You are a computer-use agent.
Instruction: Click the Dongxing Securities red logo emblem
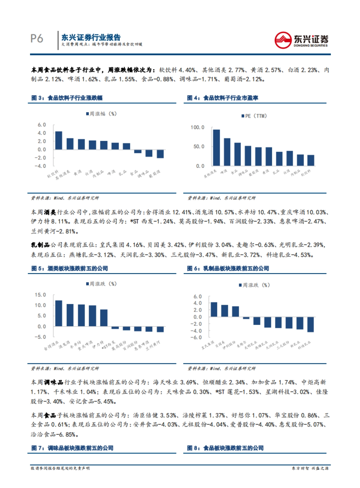click(283, 40)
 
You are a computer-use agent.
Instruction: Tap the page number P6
click(37, 39)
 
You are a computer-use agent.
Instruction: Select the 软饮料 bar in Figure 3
click(58, 140)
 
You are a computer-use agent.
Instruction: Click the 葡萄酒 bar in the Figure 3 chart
click(160, 154)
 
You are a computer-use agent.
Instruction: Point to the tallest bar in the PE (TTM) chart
click(216, 147)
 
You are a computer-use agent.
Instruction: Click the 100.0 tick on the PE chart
click(197, 127)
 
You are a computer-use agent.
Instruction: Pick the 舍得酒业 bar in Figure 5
click(58, 313)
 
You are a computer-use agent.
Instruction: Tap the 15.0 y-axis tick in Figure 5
click(40, 295)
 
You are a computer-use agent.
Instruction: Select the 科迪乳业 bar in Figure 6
click(310, 324)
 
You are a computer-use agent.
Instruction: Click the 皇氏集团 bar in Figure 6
click(214, 309)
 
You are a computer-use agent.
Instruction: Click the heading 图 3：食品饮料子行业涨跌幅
click(67, 98)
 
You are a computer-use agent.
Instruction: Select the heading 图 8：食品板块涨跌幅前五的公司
click(225, 448)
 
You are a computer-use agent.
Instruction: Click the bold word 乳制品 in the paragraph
click(40, 245)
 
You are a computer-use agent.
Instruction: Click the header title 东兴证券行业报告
click(91, 37)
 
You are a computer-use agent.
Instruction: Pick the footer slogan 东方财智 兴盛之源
click(310, 468)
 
